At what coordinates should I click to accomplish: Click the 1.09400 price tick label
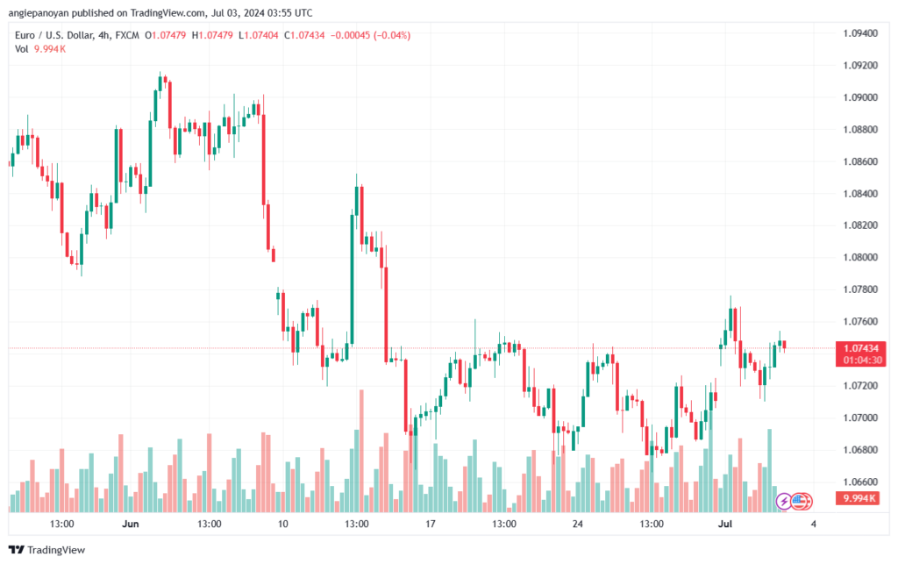tap(860, 33)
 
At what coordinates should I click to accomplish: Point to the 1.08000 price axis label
tap(860, 257)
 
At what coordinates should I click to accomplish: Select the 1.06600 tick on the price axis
tap(860, 482)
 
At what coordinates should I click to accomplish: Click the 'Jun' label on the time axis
tap(131, 524)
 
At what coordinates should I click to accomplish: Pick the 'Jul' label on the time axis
tap(725, 524)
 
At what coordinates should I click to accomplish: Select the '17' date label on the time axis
tap(430, 524)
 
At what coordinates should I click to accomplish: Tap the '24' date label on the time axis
tap(577, 524)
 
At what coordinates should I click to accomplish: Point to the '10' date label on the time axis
tap(283, 524)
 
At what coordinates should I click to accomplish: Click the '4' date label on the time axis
tap(813, 524)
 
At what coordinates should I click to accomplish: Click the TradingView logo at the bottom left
tap(47, 550)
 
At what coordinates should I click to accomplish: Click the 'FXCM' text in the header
tap(127, 35)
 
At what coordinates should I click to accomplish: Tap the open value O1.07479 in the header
tap(166, 35)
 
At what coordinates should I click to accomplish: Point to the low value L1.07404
tap(259, 35)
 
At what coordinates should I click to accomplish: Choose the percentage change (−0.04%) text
tap(392, 35)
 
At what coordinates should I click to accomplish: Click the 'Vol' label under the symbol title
tap(22, 49)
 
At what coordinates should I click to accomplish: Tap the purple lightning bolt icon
tap(783, 502)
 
